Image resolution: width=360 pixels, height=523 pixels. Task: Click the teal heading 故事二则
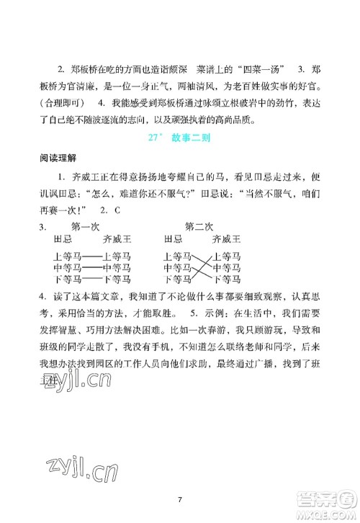[192, 138]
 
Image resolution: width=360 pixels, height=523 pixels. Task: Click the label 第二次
[199, 225]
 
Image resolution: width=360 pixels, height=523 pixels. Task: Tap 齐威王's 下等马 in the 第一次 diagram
[116, 279]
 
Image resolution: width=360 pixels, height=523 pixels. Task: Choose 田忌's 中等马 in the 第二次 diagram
[177, 267]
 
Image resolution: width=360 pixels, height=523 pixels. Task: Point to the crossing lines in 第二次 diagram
[202, 267]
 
